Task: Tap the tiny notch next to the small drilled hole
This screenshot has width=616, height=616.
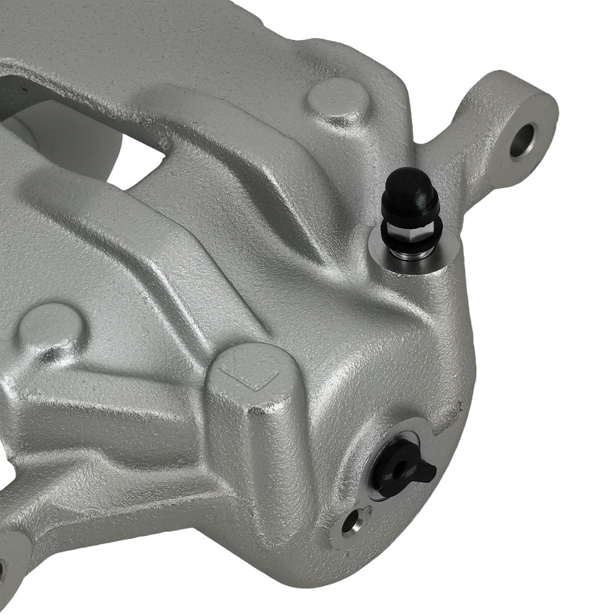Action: [x=367, y=510]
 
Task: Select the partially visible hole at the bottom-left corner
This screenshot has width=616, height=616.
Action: [x=2, y=567]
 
